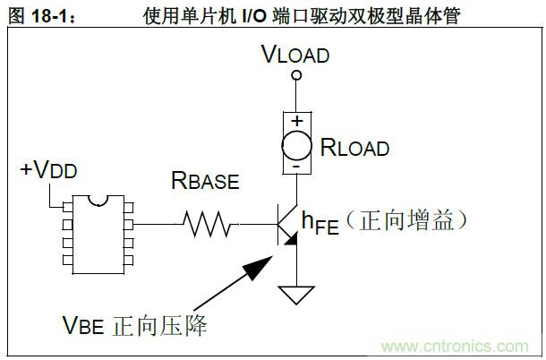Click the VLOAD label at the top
[x=295, y=56]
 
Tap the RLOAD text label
[x=354, y=148]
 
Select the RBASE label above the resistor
[x=205, y=182]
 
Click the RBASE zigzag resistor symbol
[x=209, y=224]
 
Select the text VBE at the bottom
[x=84, y=323]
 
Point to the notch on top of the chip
[x=98, y=198]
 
